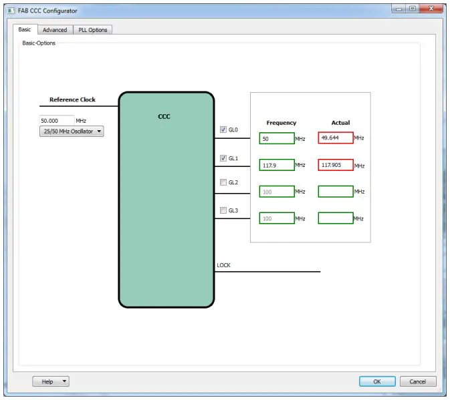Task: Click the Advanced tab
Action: (55, 29)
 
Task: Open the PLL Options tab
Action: (93, 29)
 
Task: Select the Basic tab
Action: (25, 29)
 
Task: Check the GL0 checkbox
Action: (223, 130)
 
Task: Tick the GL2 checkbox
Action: (223, 182)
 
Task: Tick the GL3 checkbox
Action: (223, 210)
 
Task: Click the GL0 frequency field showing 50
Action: (277, 138)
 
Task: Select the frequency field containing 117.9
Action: (277, 165)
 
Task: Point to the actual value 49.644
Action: (336, 138)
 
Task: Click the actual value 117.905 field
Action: (336, 165)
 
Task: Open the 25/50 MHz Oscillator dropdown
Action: (72, 132)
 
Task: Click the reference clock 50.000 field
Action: (57, 121)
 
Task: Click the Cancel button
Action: (418, 381)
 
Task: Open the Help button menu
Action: (51, 381)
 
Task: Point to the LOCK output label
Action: (224, 265)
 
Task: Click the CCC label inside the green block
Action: (164, 116)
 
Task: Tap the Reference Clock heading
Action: (72, 99)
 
